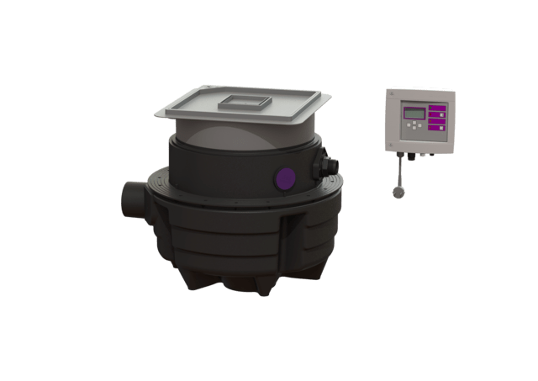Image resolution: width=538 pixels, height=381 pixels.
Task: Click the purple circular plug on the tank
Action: (286, 178)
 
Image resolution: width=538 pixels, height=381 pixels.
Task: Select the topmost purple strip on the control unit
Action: (436, 108)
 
